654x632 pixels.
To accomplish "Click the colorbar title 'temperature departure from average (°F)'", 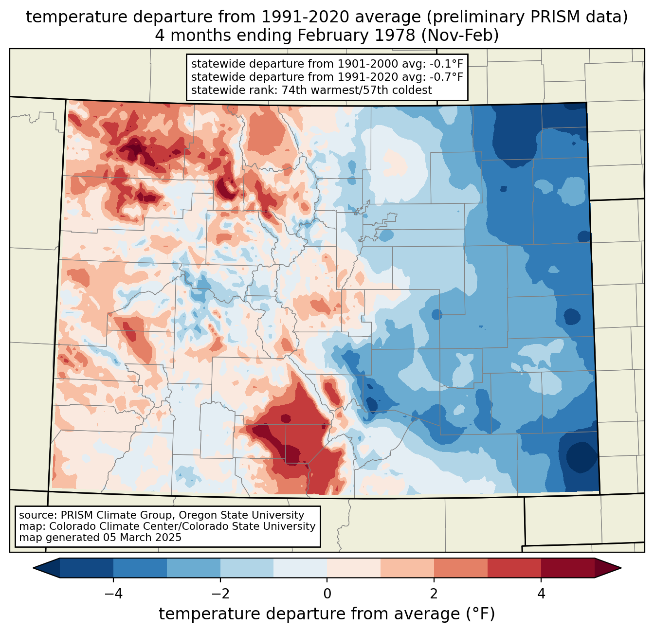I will (x=327, y=614).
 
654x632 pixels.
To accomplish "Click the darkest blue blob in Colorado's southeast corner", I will (x=581, y=457).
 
